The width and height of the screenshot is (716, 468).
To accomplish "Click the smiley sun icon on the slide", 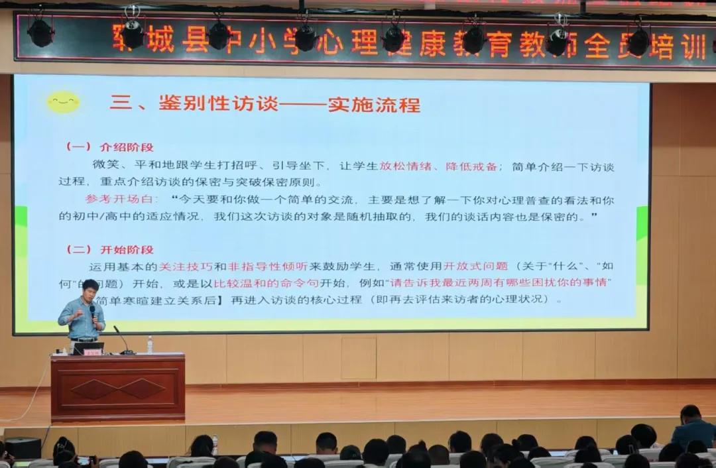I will pyautogui.click(x=64, y=103).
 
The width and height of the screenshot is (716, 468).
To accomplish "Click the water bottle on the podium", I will pyautogui.click(x=150, y=344).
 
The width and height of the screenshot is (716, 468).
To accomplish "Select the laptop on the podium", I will pyautogui.click(x=88, y=347).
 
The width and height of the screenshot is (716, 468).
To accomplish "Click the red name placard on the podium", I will pyautogui.click(x=92, y=352).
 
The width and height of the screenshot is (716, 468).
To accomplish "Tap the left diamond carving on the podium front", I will pyautogui.click(x=93, y=388).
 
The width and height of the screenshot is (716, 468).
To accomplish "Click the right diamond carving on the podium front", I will pyautogui.click(x=141, y=388).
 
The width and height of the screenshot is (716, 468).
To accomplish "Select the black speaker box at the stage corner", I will pyautogui.click(x=23, y=447).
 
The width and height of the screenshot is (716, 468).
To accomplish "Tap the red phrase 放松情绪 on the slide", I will pyautogui.click(x=404, y=166).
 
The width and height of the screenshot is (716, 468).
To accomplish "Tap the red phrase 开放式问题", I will pyautogui.click(x=475, y=266).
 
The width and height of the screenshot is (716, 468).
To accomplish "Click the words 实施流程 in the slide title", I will pyautogui.click(x=375, y=105).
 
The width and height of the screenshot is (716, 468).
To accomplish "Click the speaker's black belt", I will pyautogui.click(x=84, y=339).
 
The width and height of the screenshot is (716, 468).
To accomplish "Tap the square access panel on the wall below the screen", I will pyautogui.click(x=359, y=358).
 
